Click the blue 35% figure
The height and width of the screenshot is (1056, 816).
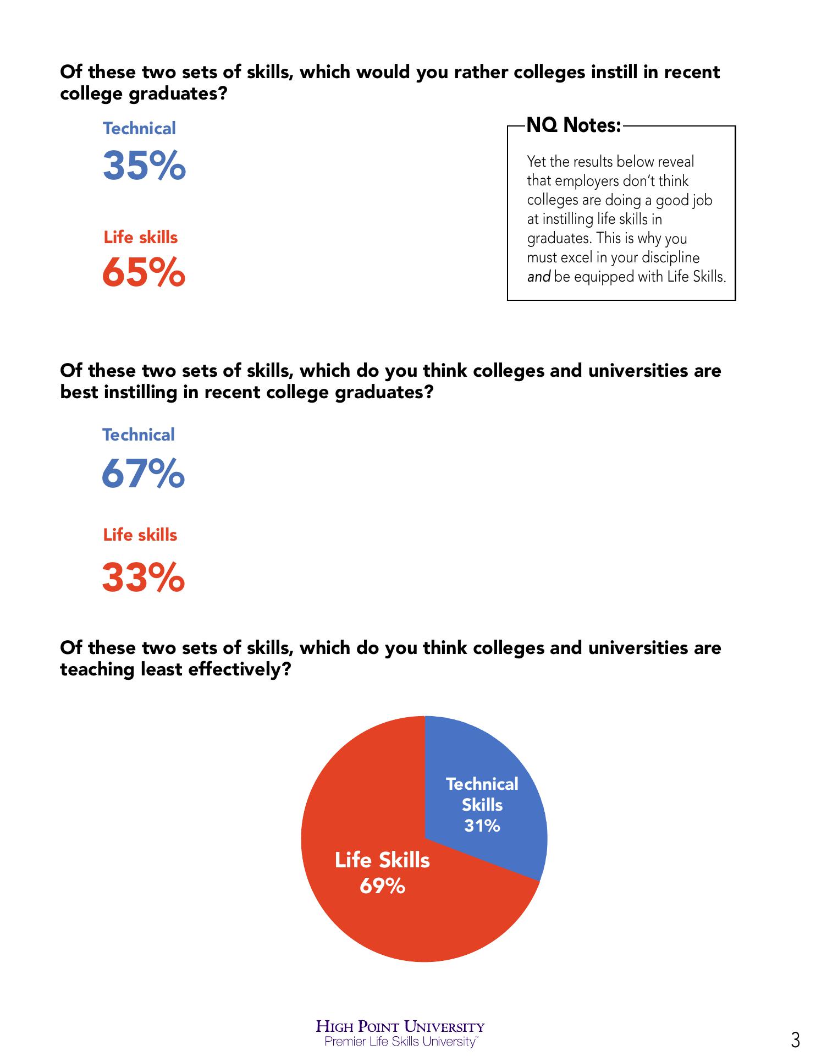click(x=144, y=166)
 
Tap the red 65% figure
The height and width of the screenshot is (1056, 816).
click(x=144, y=273)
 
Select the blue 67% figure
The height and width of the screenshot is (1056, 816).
click(x=143, y=474)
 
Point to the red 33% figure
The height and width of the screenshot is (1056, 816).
click(x=143, y=577)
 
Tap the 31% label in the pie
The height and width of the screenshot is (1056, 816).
click(x=482, y=826)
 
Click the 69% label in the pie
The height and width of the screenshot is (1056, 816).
click(x=382, y=886)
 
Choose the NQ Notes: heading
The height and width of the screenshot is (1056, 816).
click(x=574, y=125)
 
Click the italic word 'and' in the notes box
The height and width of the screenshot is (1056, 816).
click(x=538, y=277)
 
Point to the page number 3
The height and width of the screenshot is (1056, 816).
click(x=795, y=1040)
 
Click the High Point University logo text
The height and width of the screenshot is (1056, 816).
click(x=400, y=1026)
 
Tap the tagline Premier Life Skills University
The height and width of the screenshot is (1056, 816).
click(x=400, y=1041)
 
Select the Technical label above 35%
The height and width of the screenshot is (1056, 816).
click(x=139, y=128)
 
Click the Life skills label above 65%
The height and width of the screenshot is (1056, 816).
click(x=141, y=237)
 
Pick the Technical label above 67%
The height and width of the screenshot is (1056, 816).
click(x=139, y=435)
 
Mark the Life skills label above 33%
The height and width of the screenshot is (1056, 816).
click(x=140, y=535)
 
